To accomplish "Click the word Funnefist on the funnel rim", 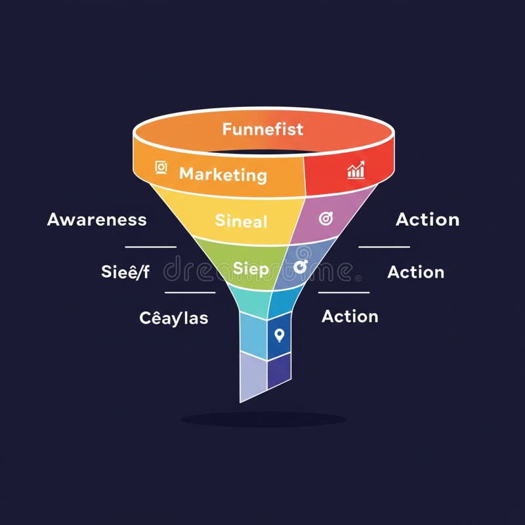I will point(262,129).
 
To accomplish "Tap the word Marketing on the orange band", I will point(222,175).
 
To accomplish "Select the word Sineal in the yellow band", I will point(241,221).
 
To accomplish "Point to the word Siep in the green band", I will point(251,268).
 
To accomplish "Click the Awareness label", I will point(97,219).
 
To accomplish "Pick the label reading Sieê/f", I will point(125,272).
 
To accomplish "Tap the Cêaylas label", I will point(174,318).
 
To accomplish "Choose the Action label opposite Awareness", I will point(427,219).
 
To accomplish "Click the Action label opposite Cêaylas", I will point(350,316).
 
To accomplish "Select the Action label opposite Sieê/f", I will point(415,272).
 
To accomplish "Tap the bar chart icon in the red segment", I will point(356,171).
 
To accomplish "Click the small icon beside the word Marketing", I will point(161,168).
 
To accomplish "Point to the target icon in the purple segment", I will point(325,219).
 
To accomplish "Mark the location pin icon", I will point(280,335).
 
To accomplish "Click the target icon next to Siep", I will point(301,266).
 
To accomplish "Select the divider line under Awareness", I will point(150,247).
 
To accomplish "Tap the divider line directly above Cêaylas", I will point(190,293).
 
